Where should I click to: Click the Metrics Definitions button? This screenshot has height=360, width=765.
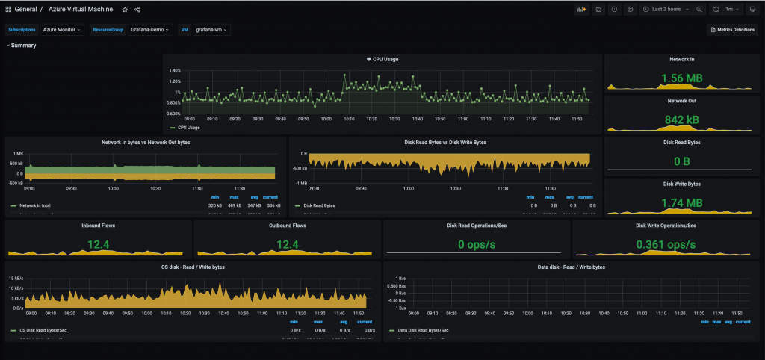[x=732, y=30]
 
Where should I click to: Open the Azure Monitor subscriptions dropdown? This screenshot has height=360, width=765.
[x=63, y=30]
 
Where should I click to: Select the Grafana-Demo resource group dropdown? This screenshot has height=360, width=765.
[x=151, y=30]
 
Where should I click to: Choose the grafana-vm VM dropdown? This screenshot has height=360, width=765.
[x=212, y=30]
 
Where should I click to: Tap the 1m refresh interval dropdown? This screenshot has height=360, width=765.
[x=733, y=10]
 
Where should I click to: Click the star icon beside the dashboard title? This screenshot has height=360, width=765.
[x=125, y=10]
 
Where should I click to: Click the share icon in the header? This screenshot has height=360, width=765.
[x=137, y=10]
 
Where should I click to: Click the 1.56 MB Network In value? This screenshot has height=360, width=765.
[x=681, y=78]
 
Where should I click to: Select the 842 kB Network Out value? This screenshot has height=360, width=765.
[x=681, y=120]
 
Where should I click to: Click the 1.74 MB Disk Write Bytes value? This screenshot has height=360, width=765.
[x=681, y=203]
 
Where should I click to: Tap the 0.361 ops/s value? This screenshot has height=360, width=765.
[x=666, y=244]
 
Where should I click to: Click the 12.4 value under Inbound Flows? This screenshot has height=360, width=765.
[x=99, y=244]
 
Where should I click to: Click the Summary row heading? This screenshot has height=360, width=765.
[x=23, y=46]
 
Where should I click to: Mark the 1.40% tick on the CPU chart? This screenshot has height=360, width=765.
[x=175, y=70]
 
